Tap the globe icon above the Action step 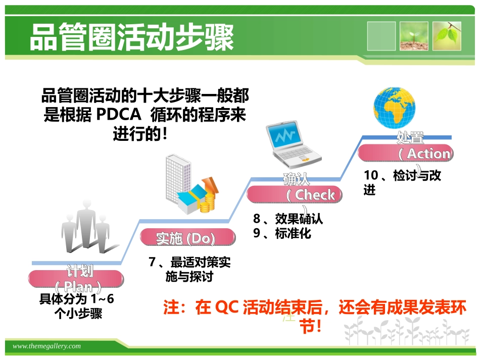396,108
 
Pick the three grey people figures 85,232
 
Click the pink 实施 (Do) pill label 187,238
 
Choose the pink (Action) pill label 406,153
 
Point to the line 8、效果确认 288,219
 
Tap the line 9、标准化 282,234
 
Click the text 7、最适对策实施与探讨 189,270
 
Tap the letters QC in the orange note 226,308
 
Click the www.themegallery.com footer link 46,346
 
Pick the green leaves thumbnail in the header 448,36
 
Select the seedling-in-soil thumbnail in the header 414,36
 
